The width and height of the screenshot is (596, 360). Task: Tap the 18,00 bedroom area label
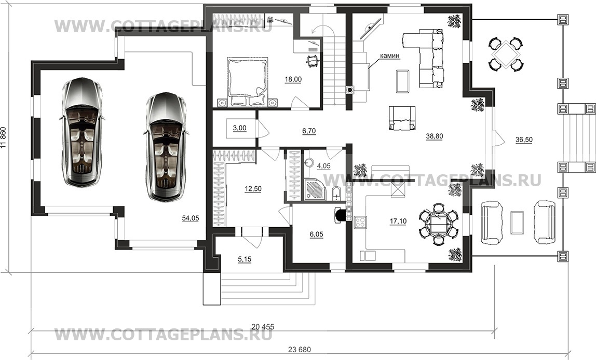click(x=293, y=79)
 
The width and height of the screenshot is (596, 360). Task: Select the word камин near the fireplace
click(x=390, y=56)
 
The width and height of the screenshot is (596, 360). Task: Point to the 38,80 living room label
click(x=435, y=136)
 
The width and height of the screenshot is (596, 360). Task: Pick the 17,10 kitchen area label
click(x=398, y=221)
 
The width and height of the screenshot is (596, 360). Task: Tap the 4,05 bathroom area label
click(x=323, y=166)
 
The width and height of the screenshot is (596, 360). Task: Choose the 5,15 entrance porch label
click(x=245, y=259)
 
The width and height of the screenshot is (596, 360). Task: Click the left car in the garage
click(x=82, y=132)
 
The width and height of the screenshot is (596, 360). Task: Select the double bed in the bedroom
click(x=246, y=81)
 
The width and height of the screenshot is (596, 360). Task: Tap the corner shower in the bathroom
click(x=316, y=188)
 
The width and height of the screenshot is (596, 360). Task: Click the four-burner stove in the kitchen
click(x=360, y=223)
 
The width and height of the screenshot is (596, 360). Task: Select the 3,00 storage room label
click(x=239, y=128)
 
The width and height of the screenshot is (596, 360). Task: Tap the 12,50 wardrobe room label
click(x=253, y=189)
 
